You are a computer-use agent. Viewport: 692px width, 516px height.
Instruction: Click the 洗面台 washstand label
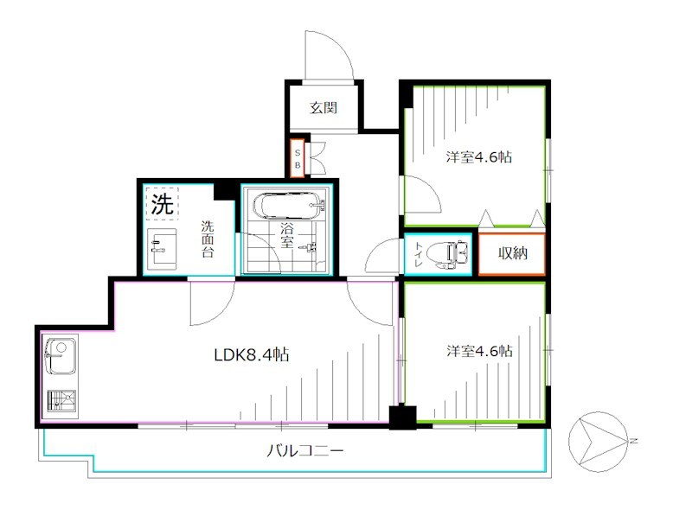pos(208,239)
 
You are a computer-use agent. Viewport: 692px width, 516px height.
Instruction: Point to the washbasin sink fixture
pos(162,252)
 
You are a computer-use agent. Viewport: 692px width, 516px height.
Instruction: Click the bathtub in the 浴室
pos(289,207)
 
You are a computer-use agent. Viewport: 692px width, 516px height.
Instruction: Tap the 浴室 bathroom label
pos(286,239)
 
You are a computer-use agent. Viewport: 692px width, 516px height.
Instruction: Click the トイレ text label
pos(419,255)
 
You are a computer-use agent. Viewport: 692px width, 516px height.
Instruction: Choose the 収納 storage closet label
pos(512,255)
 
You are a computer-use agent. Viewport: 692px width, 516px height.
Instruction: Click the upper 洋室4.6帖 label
pos(478,157)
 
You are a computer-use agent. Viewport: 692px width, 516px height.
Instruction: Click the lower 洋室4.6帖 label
pos(478,352)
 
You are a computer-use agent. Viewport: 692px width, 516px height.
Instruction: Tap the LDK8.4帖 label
pos(252,354)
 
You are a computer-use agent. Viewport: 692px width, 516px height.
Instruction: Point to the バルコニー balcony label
pos(304,450)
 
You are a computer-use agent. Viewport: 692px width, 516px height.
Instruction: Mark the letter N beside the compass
pos(633,442)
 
